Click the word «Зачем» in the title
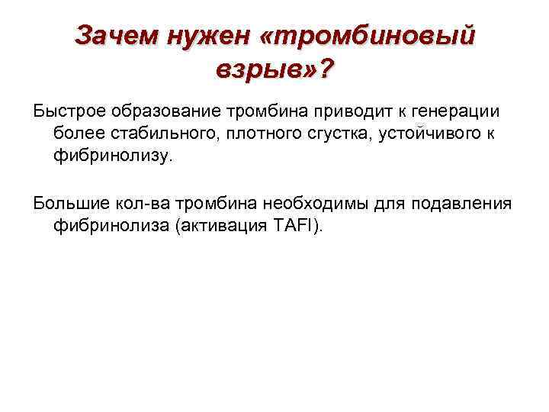pyautogui.click(x=114, y=36)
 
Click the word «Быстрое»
pyautogui.click(x=69, y=112)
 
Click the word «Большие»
pyautogui.click(x=69, y=204)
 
